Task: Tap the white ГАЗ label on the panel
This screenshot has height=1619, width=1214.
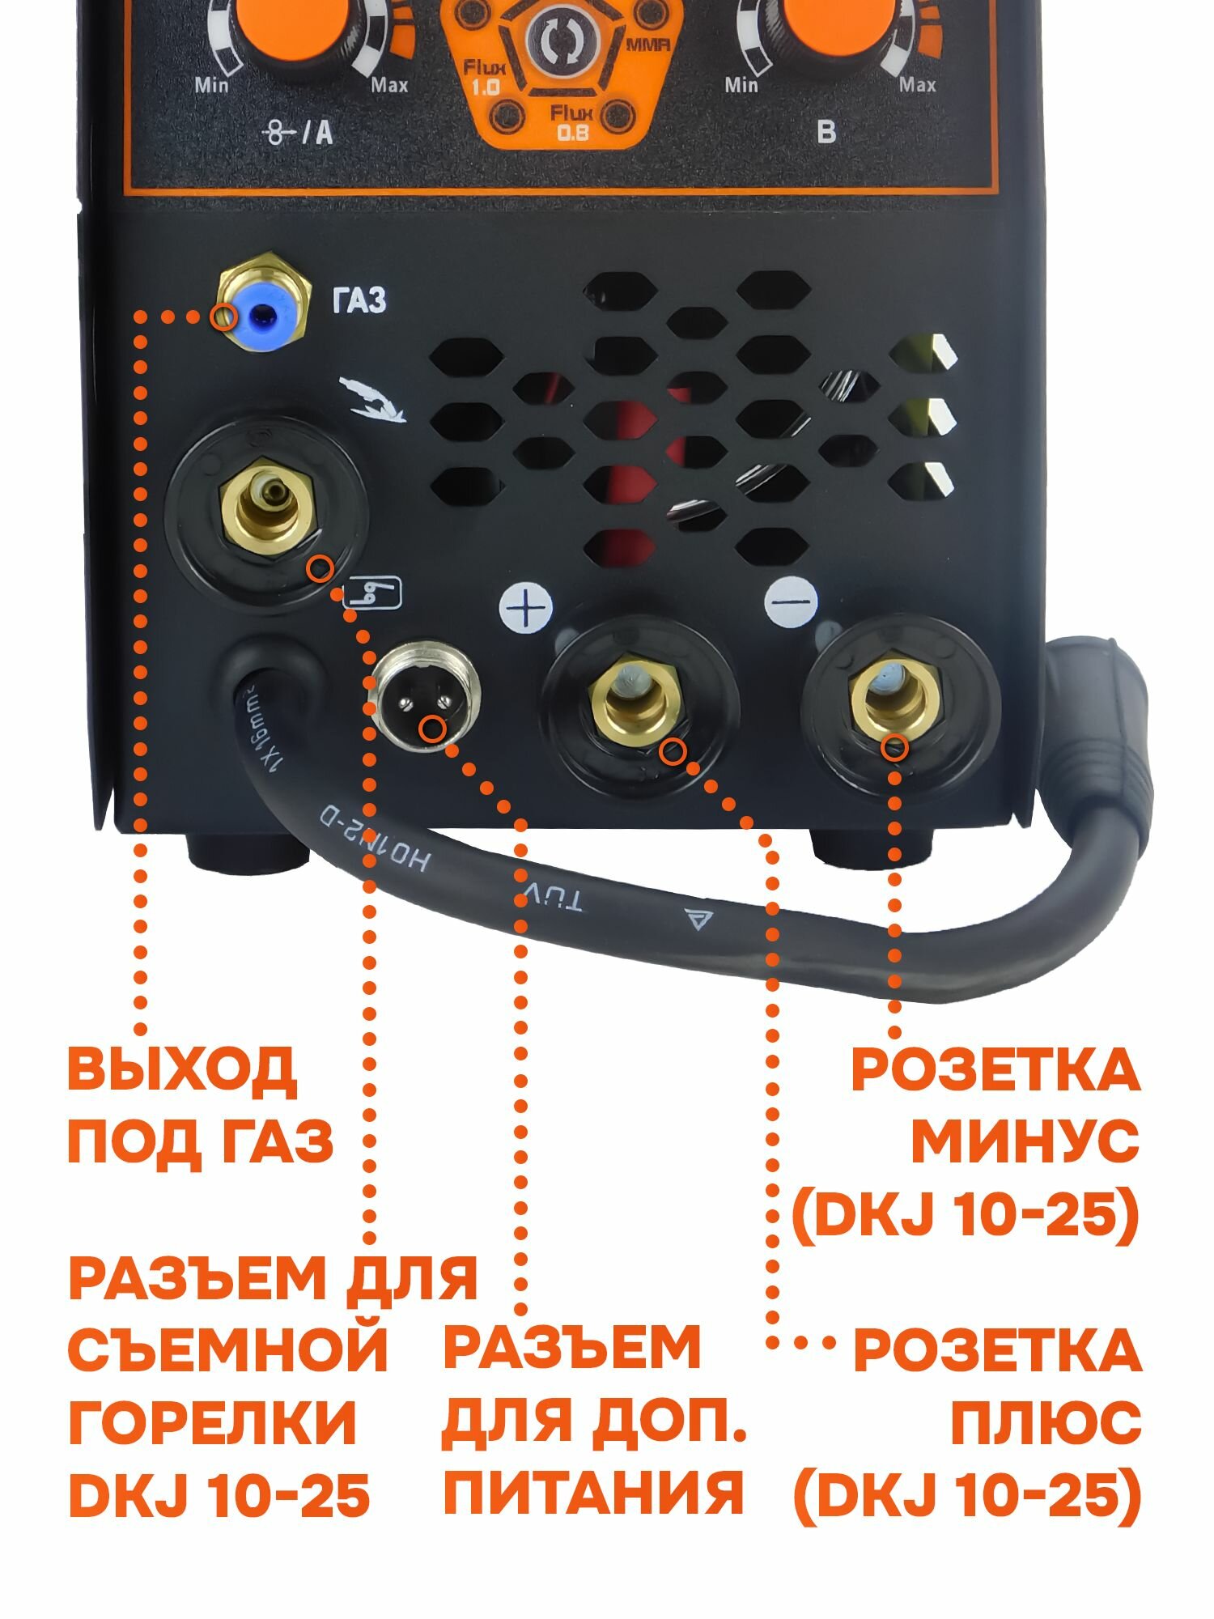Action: tap(359, 300)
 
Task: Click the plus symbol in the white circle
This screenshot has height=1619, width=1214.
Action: tap(526, 607)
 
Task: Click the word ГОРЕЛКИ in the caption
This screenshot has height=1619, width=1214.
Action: tap(212, 1422)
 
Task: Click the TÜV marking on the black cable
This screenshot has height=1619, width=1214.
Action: tap(554, 896)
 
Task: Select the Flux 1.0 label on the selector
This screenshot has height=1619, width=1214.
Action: tap(484, 77)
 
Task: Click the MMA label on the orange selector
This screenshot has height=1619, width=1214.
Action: tap(647, 46)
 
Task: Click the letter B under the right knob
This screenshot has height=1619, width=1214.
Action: tap(826, 131)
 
